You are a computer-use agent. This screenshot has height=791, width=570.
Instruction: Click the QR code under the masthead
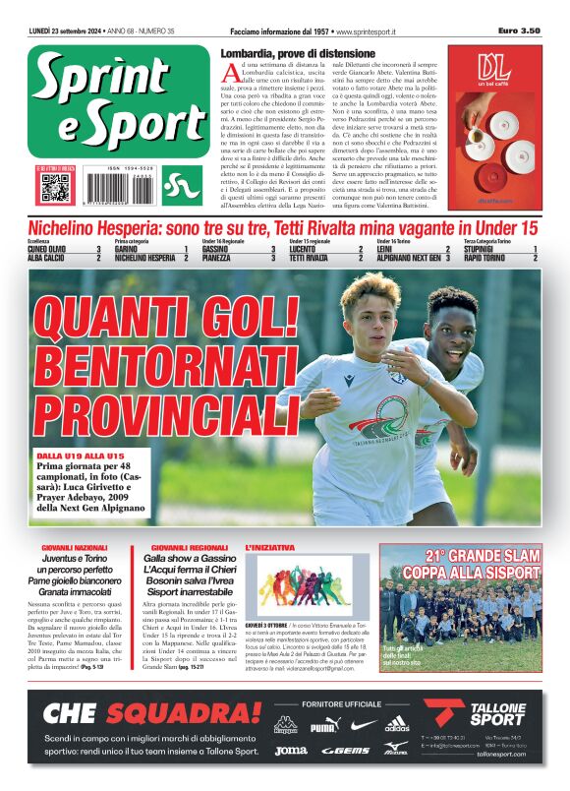pyautogui.click(x=55, y=186)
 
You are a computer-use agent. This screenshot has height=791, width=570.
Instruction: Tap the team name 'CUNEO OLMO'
pyautogui.click(x=47, y=249)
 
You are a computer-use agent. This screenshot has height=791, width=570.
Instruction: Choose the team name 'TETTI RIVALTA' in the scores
pyautogui.click(x=311, y=258)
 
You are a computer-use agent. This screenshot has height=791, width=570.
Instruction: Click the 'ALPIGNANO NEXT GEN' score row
pyautogui.click(x=413, y=258)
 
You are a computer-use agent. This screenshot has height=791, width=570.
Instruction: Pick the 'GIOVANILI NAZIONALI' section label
pyautogui.click(x=75, y=547)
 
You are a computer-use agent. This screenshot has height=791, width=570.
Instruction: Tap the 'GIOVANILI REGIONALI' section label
pyautogui.click(x=190, y=547)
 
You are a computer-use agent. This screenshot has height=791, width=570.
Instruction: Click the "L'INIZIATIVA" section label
pyautogui.click(x=269, y=547)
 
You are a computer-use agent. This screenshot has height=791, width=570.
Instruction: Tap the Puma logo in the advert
pyautogui.click(x=323, y=727)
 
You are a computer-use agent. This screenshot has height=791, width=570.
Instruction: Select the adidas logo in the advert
pyautogui.click(x=397, y=727)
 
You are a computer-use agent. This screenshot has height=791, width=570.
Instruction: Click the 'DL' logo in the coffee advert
pyautogui.click(x=494, y=67)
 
